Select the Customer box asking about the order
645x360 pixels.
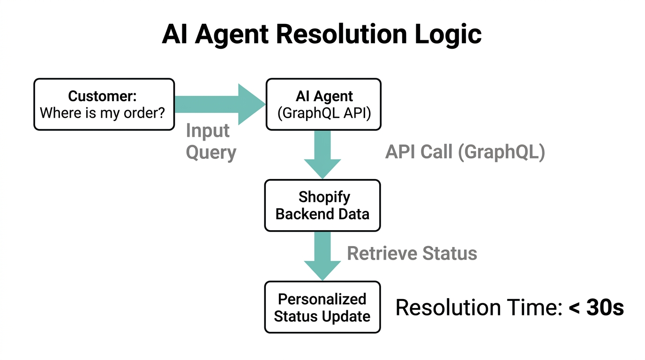(104, 104)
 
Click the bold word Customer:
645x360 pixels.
(102, 96)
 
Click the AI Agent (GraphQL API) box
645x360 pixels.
(323, 104)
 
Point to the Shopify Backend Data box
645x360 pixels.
(322, 205)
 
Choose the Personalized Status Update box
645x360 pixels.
(322, 307)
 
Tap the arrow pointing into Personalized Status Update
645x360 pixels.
(322, 255)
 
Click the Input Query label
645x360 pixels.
(210, 141)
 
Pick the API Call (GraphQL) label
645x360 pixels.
(465, 152)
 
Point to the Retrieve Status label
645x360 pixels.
(412, 254)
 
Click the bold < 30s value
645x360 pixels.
(596, 307)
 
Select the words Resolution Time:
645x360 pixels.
(478, 307)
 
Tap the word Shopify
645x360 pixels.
(324, 197)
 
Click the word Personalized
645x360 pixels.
(322, 299)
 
